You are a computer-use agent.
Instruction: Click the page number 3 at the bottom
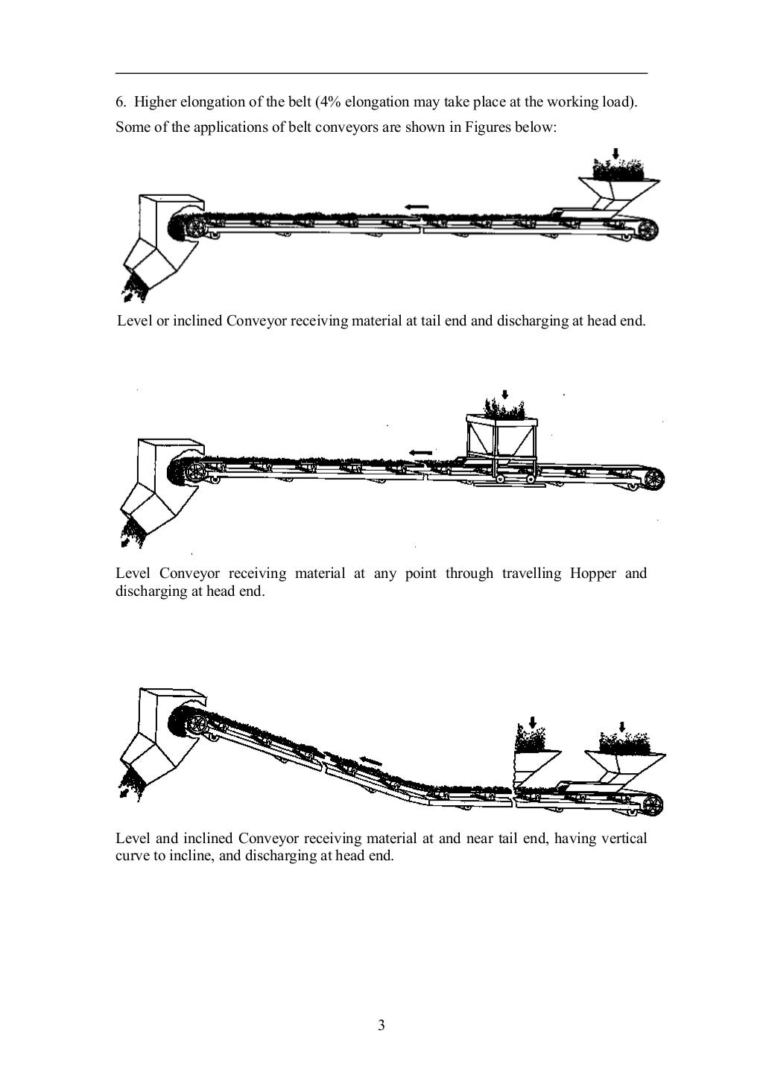[381, 1026]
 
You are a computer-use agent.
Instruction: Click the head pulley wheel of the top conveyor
[194, 226]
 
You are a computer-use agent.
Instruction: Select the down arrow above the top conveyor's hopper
[615, 153]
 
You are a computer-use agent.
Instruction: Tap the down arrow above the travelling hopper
[504, 395]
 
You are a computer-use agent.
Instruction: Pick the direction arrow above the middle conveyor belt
[421, 452]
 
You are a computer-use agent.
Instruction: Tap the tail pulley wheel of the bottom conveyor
[653, 805]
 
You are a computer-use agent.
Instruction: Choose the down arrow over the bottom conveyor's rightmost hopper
[622, 726]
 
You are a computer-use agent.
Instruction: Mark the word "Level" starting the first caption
[134, 322]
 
